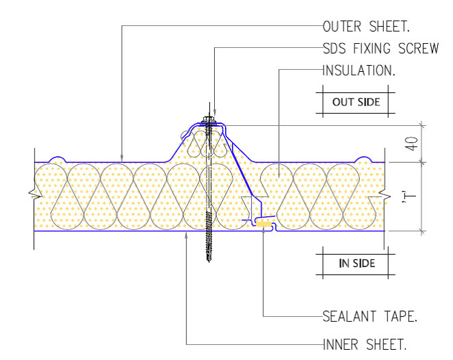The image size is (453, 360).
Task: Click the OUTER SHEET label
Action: tap(366, 27)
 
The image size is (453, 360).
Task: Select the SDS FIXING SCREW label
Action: tap(380, 48)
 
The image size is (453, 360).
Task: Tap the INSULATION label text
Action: tap(359, 70)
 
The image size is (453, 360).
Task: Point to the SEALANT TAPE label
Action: tap(370, 316)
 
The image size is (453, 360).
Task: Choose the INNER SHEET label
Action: tap(364, 344)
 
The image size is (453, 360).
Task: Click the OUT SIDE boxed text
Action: tap(356, 102)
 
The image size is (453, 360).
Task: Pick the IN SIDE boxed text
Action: tap(357, 263)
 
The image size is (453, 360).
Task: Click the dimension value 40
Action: tap(412, 144)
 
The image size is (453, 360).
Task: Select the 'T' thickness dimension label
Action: tap(409, 196)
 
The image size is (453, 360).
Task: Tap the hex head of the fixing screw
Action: tap(208, 119)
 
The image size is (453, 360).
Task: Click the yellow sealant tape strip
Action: tap(264, 224)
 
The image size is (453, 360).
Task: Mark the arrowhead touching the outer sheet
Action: tap(122, 158)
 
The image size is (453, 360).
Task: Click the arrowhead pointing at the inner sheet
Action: tap(187, 235)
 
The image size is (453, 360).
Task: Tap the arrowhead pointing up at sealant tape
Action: tap(263, 231)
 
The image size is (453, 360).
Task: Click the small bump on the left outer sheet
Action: tap(57, 159)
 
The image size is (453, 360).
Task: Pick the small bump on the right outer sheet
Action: tap(364, 159)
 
